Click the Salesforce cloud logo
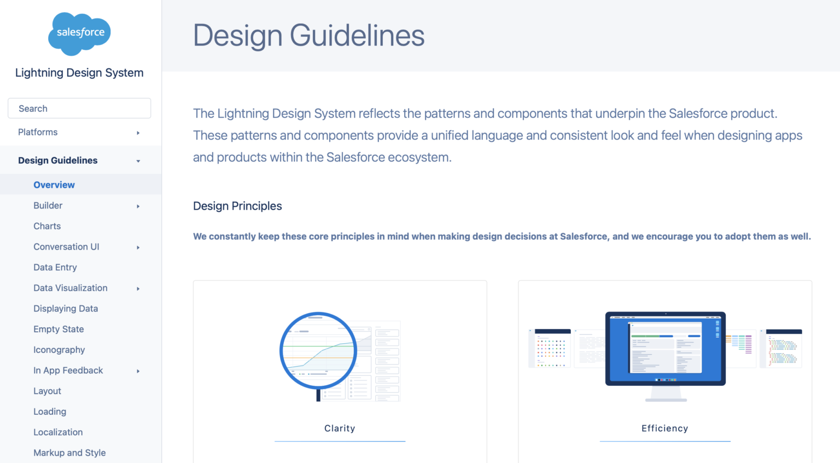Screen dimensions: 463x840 [80, 33]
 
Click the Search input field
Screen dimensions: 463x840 [79, 108]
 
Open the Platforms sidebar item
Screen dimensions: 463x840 [38, 132]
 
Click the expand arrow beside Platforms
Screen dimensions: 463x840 [138, 132]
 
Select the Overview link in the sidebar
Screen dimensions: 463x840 [54, 185]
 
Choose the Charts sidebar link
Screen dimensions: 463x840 [47, 226]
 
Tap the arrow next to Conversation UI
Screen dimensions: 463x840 [138, 247]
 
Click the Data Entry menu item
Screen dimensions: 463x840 [55, 267]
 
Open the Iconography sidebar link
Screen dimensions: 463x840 [59, 350]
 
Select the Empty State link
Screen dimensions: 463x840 [59, 329]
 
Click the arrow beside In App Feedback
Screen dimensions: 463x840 [138, 371]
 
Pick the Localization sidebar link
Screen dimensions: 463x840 [58, 432]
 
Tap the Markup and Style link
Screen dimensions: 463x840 [69, 453]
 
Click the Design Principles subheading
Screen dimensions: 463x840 [237, 206]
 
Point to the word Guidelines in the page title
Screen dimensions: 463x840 [357, 36]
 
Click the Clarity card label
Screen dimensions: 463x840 [340, 428]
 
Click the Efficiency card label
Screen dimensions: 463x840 [664, 428]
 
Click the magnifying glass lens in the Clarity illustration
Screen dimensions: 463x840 [318, 350]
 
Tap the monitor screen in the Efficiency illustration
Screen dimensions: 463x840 [666, 348]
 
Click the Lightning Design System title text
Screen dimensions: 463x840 [79, 73]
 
